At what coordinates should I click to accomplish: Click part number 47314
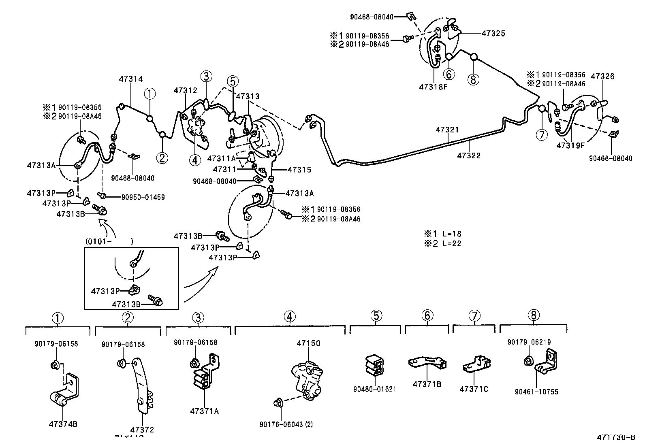tap(131, 79)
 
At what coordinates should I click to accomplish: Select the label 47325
tap(493, 34)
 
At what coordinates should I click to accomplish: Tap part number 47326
tap(602, 77)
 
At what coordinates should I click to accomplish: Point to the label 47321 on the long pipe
tap(447, 130)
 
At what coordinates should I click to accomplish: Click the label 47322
tap(469, 155)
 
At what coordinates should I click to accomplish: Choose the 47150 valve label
tap(308, 343)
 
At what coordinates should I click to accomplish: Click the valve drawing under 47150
tap(307, 377)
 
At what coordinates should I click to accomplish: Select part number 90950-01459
tap(143, 197)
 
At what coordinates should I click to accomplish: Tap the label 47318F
tap(433, 86)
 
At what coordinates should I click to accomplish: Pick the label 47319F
tap(570, 145)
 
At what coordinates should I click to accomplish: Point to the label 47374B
tap(63, 424)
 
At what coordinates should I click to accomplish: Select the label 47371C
tap(474, 389)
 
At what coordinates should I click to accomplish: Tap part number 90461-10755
tap(536, 392)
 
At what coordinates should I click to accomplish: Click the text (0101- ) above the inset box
tap(109, 241)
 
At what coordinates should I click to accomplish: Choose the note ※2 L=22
tap(442, 243)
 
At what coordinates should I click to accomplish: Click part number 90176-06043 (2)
tap(286, 424)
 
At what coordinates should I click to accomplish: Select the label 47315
tap(299, 170)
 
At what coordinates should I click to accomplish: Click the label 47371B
tap(427, 384)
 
